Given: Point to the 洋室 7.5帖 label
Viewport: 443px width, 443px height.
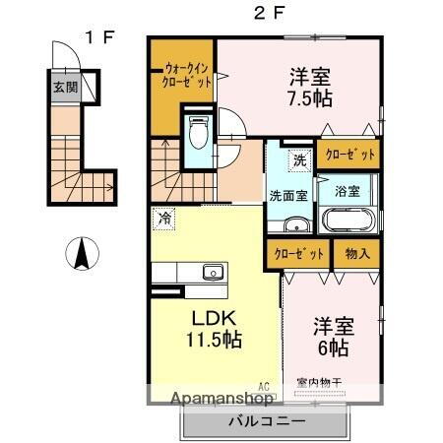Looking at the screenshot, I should [x=311, y=87].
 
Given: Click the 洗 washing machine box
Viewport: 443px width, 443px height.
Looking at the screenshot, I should [x=298, y=158].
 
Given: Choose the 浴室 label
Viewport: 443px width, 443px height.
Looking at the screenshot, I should [x=348, y=189].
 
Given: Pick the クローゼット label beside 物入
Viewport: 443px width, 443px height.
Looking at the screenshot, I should [x=300, y=252].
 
